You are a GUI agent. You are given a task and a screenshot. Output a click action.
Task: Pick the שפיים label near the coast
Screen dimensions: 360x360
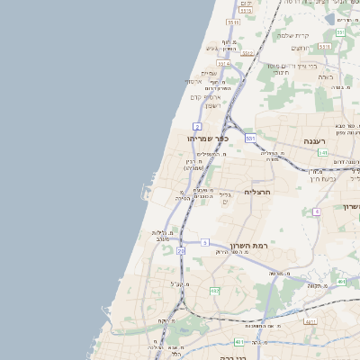(x=209, y=73)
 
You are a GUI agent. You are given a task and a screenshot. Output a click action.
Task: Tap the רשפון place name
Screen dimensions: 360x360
(x=213, y=106)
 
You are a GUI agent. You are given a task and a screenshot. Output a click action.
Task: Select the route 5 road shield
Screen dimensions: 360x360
(x=205, y=242)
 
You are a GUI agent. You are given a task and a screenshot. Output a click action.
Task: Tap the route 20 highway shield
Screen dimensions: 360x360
(x=181, y=252)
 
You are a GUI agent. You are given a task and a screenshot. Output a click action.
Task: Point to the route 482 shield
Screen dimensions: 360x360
(x=214, y=292)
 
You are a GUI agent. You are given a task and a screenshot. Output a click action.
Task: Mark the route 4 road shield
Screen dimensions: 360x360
(x=317, y=211)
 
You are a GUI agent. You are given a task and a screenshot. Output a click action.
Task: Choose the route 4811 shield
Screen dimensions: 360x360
(x=310, y=321)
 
